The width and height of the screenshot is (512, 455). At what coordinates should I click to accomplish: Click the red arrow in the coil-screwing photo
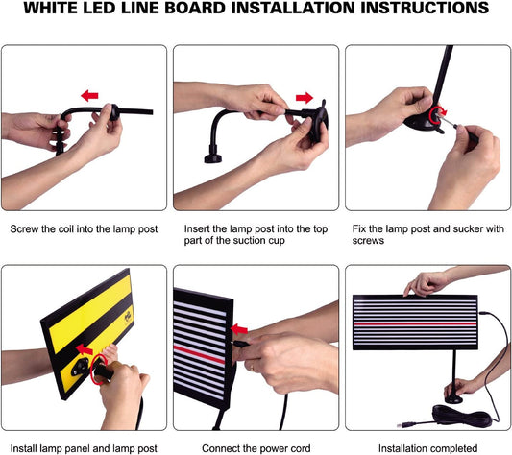[90, 96]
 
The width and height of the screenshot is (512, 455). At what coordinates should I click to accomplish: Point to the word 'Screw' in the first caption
[27, 230]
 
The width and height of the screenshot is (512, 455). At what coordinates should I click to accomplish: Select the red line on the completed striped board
[415, 323]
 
